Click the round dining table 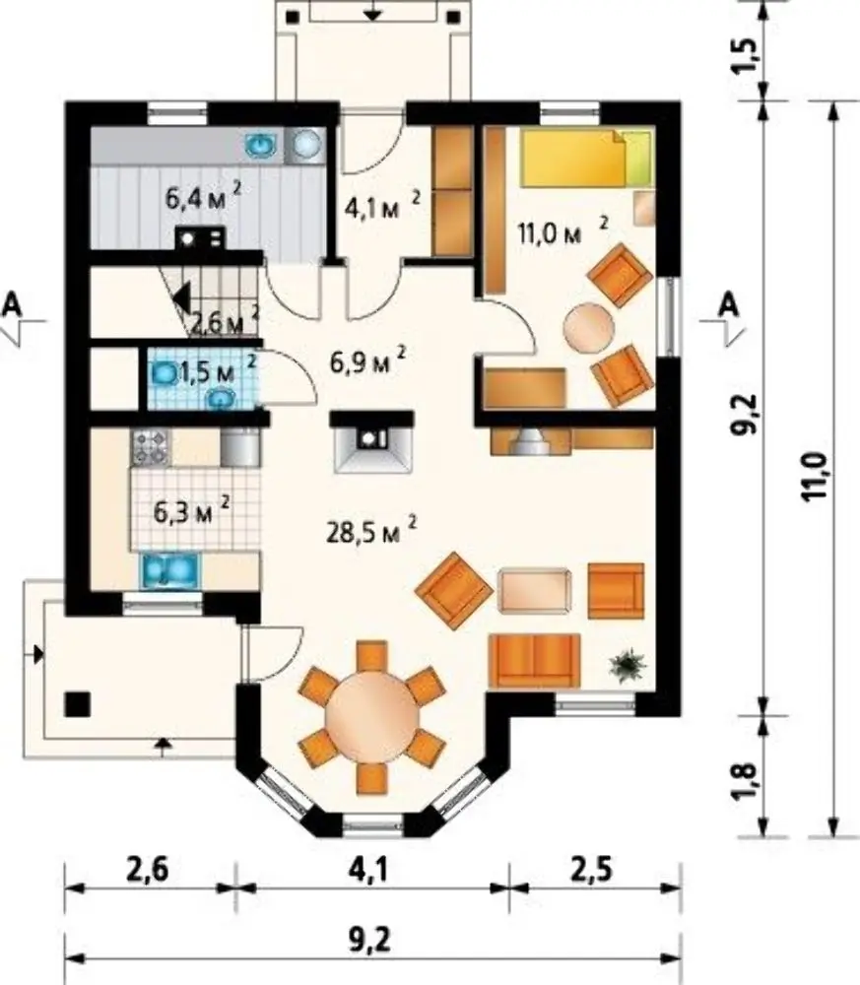coord(372,716)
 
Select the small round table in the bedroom coord(589,327)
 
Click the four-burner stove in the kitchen coord(150,447)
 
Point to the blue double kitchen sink coord(169,569)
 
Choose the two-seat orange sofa coord(534,660)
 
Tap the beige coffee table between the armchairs coord(535,590)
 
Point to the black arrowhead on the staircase coord(181,297)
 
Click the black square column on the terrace coord(77,703)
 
